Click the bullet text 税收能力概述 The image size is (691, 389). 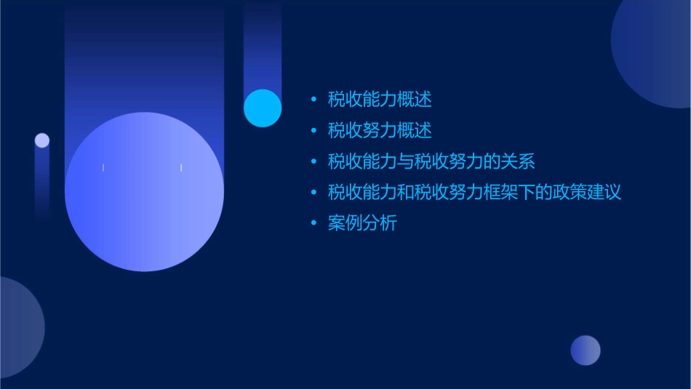click(380, 100)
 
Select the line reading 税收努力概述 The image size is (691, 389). click(380, 131)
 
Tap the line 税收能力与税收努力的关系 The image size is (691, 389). click(431, 161)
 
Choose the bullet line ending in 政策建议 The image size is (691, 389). click(474, 193)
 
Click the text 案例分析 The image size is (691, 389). click(362, 223)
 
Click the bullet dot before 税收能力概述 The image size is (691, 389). click(313, 100)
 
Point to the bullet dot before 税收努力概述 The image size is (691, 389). click(313, 131)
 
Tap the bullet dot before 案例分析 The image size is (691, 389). click(313, 224)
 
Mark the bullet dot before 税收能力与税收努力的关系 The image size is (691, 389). click(313, 161)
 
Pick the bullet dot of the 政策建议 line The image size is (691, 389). click(313, 193)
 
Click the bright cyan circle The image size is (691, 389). click(263, 108)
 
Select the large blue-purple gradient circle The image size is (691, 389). click(144, 192)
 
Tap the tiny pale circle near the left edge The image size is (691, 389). click(42, 140)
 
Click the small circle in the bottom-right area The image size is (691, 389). click(586, 350)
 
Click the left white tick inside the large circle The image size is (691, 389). click(103, 168)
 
